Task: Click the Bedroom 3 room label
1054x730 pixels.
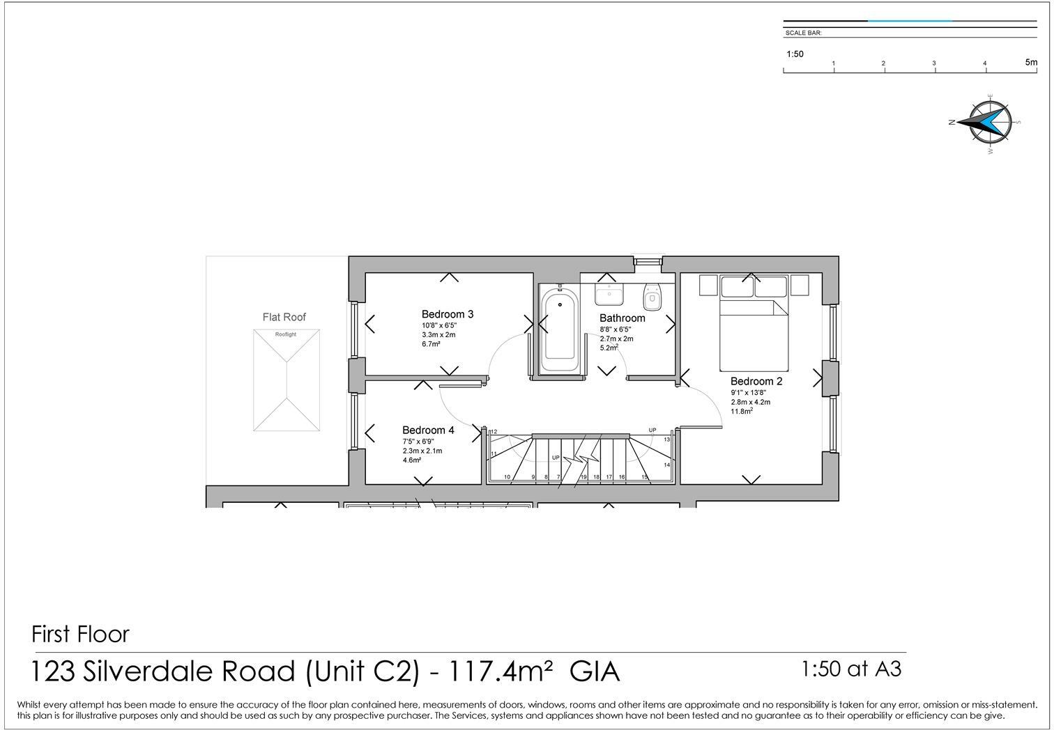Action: tap(447, 314)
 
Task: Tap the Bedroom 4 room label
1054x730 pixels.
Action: tap(428, 430)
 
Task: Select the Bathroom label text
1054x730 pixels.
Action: tap(622, 318)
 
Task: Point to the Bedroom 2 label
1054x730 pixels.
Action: tap(756, 381)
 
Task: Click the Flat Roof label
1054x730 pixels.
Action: tap(284, 318)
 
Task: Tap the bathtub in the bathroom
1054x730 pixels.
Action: tap(560, 330)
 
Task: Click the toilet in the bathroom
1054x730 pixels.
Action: tap(652, 297)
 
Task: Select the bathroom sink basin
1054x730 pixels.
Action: tap(609, 294)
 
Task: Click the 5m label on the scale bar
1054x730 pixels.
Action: tap(1032, 62)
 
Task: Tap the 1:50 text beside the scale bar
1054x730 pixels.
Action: tap(795, 54)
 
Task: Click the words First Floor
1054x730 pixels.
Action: tap(80, 634)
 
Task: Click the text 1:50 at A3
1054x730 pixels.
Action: tap(851, 669)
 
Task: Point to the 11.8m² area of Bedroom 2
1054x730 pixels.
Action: tap(742, 411)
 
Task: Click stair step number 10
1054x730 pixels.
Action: tap(507, 476)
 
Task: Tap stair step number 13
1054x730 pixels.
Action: tap(666, 440)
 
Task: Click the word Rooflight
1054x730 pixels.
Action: tap(286, 334)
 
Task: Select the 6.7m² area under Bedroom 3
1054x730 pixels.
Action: tap(431, 344)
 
